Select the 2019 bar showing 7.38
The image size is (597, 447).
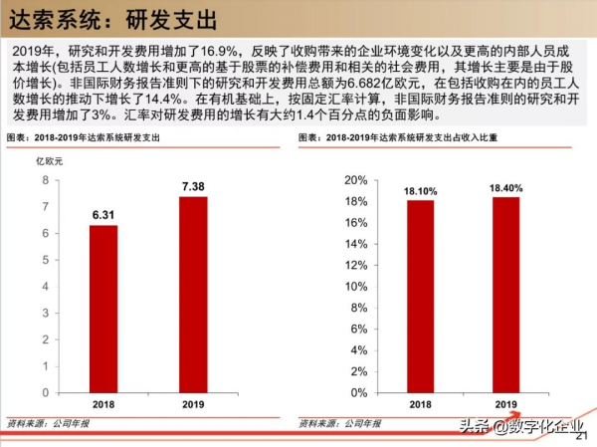pos(193,293)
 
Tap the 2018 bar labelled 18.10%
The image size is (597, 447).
pos(420,294)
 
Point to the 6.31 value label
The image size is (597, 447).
pos(103,213)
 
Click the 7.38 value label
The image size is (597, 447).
pos(193,186)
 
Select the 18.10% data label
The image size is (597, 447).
pos(420,189)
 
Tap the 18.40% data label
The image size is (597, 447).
pos(506,186)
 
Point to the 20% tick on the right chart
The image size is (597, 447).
pos(354,180)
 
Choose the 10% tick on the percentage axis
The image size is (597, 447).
pos(354,287)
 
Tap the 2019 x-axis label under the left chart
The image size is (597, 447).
pos(193,404)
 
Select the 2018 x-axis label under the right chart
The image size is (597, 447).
pos(420,404)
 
